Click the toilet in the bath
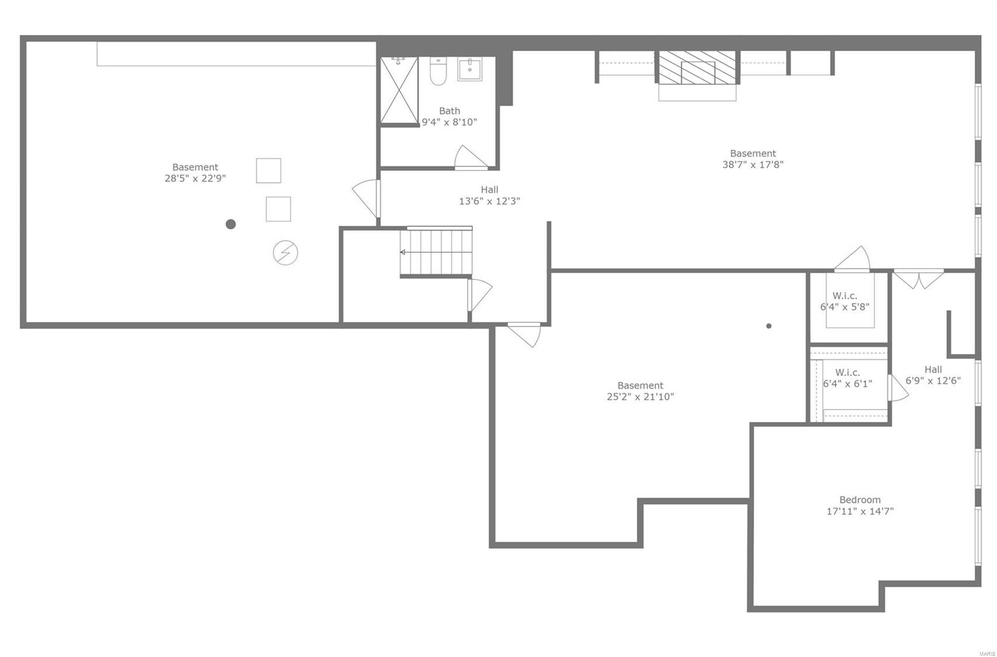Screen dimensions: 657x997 pyautogui.click(x=438, y=73)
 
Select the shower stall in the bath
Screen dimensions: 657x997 pyautogui.click(x=399, y=91)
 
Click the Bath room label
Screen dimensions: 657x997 pyautogui.click(x=449, y=111)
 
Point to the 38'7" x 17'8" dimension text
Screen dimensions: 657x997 pyautogui.click(x=753, y=165)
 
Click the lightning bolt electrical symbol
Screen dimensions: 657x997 pyautogui.click(x=285, y=253)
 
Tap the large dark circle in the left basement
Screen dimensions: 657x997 pyautogui.click(x=231, y=224)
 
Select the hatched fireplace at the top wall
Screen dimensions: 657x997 pyautogui.click(x=698, y=67)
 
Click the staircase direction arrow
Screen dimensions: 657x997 pyautogui.click(x=403, y=252)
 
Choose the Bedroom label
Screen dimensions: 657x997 pyautogui.click(x=860, y=500)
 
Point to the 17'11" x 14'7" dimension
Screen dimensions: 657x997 pyautogui.click(x=860, y=512)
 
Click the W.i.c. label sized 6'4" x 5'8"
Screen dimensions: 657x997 pyautogui.click(x=845, y=295)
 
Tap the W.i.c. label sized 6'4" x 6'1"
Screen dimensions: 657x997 pyautogui.click(x=847, y=372)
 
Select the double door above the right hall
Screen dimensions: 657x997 pyautogui.click(x=919, y=278)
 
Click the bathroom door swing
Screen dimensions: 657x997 pyautogui.click(x=470, y=158)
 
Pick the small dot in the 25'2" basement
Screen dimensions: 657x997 pyautogui.click(x=769, y=326)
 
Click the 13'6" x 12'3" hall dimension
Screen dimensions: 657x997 pyautogui.click(x=489, y=201)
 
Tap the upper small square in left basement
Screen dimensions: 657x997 pyautogui.click(x=269, y=171)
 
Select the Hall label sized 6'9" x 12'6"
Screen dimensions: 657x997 pyautogui.click(x=933, y=370)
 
